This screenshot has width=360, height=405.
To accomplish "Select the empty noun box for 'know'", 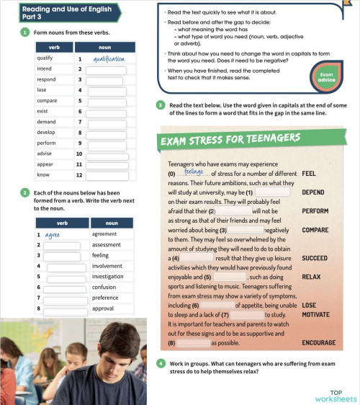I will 107,175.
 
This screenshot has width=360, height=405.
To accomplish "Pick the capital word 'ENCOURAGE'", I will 318,342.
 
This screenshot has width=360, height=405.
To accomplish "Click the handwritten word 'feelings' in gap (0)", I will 194,172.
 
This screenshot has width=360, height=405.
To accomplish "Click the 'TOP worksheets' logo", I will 335,396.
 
